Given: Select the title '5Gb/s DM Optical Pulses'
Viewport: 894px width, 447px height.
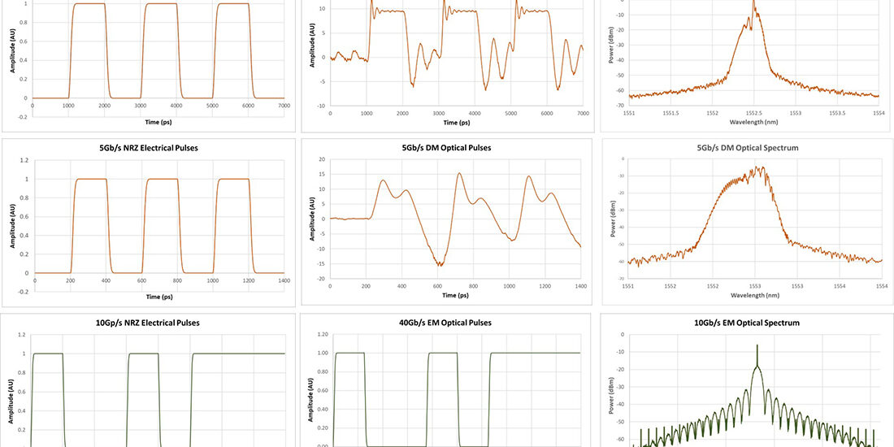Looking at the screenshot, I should click(x=446, y=148).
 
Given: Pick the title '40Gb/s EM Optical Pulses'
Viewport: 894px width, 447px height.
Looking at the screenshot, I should click(x=446, y=323).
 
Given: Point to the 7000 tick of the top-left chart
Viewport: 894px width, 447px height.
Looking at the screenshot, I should click(x=284, y=106).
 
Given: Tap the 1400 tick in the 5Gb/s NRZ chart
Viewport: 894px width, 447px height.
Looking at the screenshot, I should click(x=284, y=280).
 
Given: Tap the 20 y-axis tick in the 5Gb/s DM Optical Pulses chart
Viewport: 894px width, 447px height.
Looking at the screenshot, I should click(x=323, y=160).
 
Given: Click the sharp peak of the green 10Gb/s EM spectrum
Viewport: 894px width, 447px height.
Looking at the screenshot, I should click(x=757, y=345).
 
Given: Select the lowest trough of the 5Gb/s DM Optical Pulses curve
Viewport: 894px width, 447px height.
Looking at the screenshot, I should click(x=440, y=266).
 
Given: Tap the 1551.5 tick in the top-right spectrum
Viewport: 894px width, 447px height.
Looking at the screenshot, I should click(x=670, y=112).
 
